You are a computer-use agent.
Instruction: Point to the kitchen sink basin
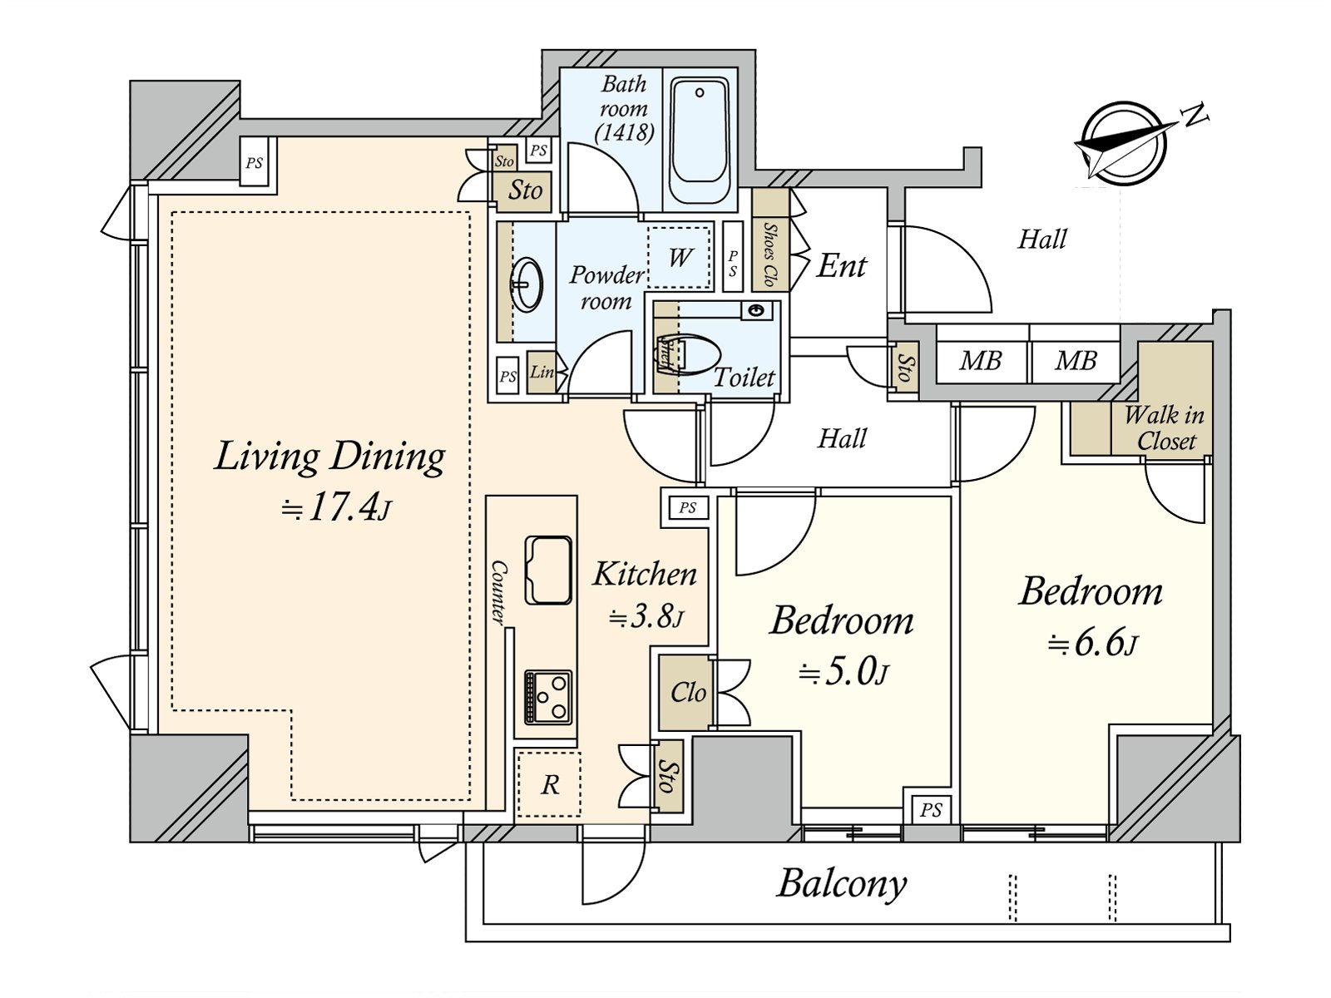coord(548,570)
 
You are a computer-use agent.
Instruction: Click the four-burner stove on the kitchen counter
coord(547,695)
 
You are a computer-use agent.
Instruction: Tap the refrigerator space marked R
coord(549,784)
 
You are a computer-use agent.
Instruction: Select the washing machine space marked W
coord(680,257)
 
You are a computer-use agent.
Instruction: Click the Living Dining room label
coord(329,457)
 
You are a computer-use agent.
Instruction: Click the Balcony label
coord(841,883)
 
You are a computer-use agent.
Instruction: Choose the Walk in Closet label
coord(1164,427)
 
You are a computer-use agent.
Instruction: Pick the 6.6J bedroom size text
coord(1092,643)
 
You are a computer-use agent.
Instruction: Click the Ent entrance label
coord(841,266)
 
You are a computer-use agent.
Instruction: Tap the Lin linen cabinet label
coord(542,372)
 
